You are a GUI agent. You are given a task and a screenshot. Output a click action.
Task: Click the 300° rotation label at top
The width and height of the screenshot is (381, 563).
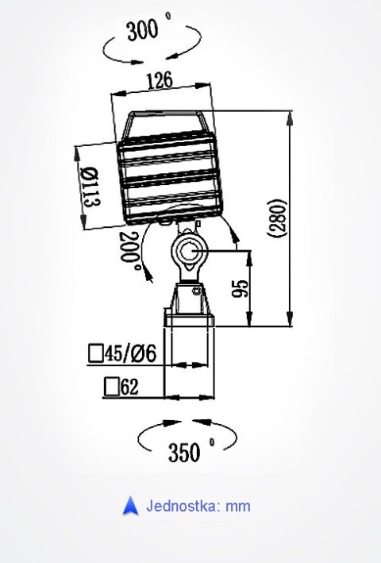click(x=151, y=31)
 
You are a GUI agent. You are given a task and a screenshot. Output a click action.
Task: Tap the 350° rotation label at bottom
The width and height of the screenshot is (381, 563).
click(x=189, y=451)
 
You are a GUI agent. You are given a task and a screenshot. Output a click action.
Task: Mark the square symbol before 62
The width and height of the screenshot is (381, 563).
click(x=111, y=388)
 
